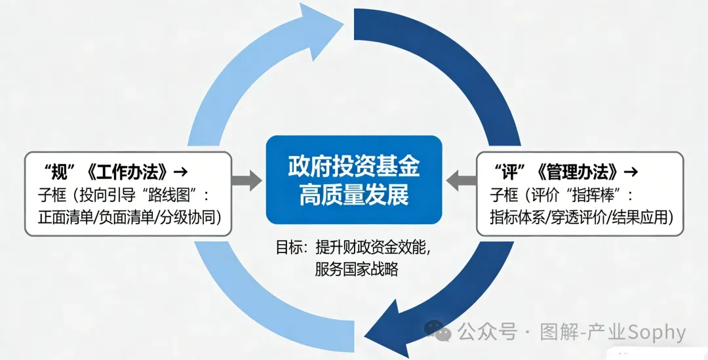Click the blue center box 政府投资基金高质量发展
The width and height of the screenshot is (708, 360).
tap(353, 180)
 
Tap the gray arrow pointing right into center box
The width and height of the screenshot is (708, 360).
tap(246, 180)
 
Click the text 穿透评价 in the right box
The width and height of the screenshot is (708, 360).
tap(581, 216)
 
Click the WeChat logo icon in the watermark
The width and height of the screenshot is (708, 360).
tap(437, 332)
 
